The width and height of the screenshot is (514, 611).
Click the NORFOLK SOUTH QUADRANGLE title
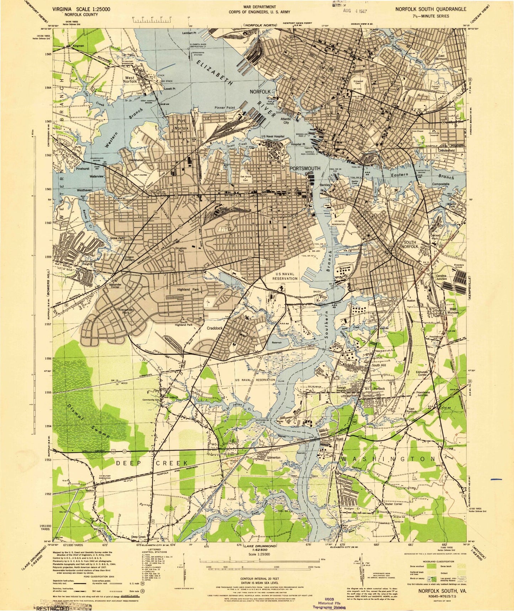pos(431,10)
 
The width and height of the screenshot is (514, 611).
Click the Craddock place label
pos(214,329)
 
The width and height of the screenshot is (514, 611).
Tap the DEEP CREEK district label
pos(152,463)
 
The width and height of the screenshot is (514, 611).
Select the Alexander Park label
pos(126,312)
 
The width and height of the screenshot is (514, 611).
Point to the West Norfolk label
pos(129,80)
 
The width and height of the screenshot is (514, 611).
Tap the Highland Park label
pos(188,290)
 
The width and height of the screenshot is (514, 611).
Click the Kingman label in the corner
pos(78,46)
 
